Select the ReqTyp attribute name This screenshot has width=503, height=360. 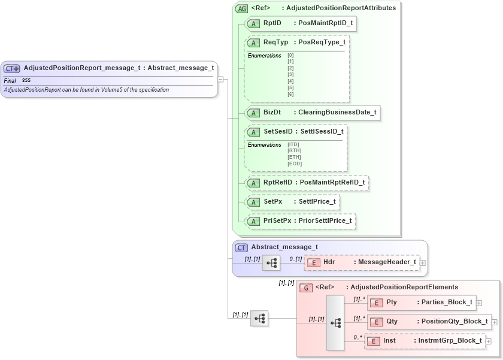275,43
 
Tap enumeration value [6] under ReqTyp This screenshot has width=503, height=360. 290,94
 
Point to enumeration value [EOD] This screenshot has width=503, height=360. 295,164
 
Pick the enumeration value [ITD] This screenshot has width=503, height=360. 293,144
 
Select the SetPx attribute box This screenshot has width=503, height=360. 293,202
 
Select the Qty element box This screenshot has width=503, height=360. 429,322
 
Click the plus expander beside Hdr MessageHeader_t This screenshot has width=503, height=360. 423,262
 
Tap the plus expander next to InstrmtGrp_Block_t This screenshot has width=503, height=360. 489,341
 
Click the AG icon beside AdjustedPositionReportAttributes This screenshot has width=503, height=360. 242,8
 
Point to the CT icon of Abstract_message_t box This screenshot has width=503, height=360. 241,247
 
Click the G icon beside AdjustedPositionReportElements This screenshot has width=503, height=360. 306,288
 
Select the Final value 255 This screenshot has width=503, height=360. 26,80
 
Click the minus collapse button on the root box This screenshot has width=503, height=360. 221,78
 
